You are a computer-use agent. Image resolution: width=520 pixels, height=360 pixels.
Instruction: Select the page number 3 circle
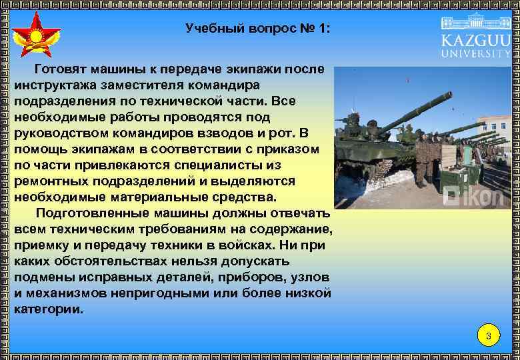pos(489,336)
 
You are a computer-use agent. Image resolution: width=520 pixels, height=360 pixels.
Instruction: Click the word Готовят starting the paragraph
pos(61,69)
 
